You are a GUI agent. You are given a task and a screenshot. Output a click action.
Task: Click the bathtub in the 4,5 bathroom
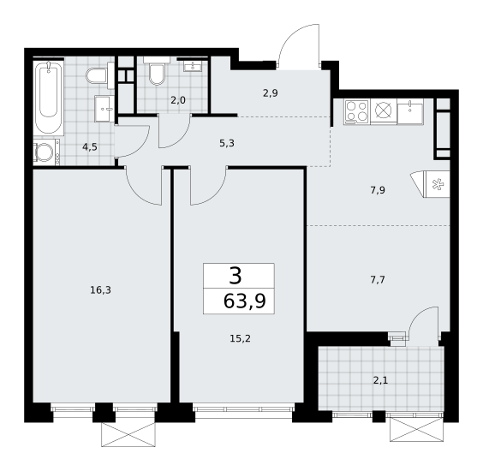click(48, 97)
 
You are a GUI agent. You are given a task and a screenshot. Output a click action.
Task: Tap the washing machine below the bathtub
click(46, 152)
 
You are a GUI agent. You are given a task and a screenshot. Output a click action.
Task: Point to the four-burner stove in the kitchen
click(357, 112)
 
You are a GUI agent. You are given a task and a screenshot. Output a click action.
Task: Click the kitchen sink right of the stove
click(410, 112)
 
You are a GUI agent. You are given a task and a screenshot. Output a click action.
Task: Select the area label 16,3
click(100, 289)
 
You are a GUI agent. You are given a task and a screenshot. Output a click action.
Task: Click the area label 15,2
click(240, 339)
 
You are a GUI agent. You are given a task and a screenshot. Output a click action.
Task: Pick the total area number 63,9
click(244, 301)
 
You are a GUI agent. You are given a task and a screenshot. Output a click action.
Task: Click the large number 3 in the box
click(236, 276)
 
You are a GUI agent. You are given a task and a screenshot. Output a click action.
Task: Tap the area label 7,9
click(378, 190)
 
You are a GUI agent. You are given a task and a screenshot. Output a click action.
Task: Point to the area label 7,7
click(378, 280)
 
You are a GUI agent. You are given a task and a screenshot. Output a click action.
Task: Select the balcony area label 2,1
click(380, 381)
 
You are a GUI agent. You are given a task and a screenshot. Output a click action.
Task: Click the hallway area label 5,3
click(227, 143)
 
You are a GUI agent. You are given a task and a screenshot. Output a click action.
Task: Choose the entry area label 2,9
click(271, 93)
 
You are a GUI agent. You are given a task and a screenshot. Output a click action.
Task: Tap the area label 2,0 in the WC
click(178, 100)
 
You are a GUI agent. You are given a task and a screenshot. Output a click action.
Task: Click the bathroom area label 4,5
click(90, 147)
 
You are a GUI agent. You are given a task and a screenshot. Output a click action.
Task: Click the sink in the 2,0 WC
click(193, 65)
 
